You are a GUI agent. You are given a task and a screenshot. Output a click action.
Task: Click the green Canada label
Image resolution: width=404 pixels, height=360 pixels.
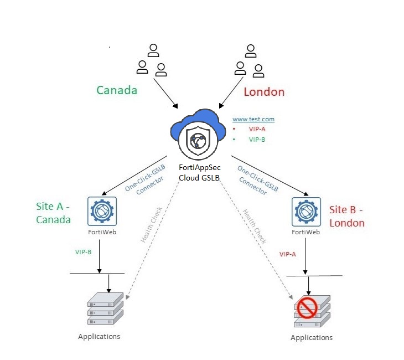[x=117, y=90]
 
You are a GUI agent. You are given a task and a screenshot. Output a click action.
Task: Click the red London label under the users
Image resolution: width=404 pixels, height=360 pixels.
[x=264, y=92]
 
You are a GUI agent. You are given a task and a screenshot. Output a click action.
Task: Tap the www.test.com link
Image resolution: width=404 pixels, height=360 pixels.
[x=253, y=119]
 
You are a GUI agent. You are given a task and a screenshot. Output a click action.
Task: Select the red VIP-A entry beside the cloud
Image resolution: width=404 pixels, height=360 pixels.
[x=257, y=129]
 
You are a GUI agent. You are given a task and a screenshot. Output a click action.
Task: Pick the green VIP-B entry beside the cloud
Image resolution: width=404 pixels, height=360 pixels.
[x=257, y=140]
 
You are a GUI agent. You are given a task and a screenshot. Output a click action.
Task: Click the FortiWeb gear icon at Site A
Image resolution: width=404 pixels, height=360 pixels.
[x=101, y=210]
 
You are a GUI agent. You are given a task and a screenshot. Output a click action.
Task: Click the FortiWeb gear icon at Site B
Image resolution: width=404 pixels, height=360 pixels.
[x=305, y=211]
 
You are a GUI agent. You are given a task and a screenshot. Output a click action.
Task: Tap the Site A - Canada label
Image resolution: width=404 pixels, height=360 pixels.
[x=54, y=213]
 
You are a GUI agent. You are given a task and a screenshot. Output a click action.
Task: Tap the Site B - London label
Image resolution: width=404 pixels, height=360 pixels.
[x=347, y=216]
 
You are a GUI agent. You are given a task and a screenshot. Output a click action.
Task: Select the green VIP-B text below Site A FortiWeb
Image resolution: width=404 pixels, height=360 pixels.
[x=84, y=252]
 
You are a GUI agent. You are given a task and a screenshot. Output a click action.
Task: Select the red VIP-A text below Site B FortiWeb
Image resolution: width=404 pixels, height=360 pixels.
[x=288, y=254]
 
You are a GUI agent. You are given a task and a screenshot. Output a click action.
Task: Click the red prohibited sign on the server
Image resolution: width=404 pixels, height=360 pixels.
[x=307, y=306]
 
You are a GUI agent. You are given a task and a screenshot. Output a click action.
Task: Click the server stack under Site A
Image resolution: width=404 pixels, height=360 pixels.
[x=105, y=308]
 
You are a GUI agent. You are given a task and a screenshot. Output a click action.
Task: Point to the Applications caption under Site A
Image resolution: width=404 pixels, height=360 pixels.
[x=99, y=336]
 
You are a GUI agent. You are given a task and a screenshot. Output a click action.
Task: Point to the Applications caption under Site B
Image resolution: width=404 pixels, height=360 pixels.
[x=312, y=337]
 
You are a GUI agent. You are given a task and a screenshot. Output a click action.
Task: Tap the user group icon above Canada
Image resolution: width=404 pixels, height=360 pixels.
[x=152, y=61]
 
